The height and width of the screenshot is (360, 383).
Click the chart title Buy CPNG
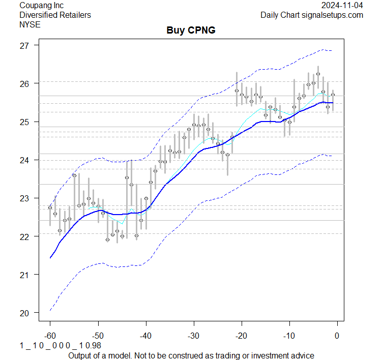191,30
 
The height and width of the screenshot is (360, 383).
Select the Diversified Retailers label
55,15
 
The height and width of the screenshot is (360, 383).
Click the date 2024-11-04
342,6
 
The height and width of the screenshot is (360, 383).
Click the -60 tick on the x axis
50,336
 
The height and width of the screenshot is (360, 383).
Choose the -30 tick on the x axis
193,336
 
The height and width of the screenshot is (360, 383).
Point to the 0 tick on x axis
337,336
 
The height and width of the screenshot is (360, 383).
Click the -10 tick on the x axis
289,336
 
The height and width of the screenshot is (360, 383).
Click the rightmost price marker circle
333,95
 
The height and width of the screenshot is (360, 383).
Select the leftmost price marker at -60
50,207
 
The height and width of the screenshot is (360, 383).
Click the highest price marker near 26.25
318,74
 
